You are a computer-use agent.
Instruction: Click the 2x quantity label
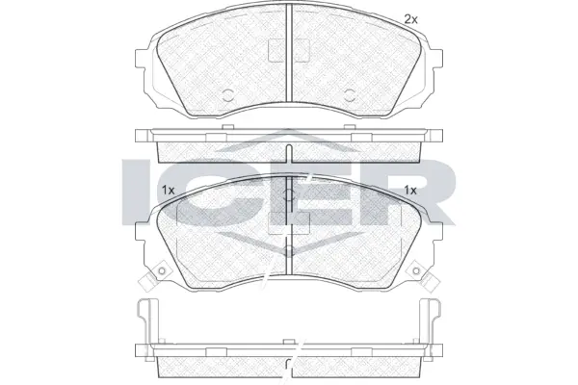410,19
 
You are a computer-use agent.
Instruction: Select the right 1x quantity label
410,190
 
